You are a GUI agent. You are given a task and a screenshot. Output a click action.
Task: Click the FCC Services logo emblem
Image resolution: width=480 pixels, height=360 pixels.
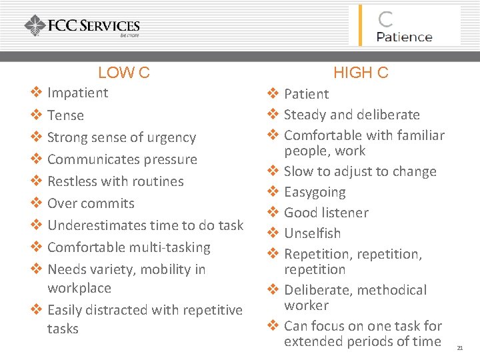click(35, 26)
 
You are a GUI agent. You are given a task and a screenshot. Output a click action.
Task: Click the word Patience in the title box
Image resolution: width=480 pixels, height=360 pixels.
click(404, 36)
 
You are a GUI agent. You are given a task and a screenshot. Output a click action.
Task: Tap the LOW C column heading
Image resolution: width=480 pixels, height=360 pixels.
click(123, 73)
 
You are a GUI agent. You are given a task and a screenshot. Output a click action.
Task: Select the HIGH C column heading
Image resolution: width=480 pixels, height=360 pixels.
click(361, 73)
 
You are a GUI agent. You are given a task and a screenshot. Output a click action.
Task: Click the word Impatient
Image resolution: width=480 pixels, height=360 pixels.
click(77, 93)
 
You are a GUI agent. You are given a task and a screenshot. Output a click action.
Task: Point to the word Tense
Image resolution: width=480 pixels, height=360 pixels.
click(65, 115)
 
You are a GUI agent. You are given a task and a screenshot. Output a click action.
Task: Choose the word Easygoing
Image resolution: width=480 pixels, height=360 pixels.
click(315, 192)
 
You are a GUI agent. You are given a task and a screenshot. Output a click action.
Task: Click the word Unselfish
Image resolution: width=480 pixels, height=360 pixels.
click(312, 233)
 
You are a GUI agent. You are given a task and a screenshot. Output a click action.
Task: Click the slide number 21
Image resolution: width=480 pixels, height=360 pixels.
click(460, 347)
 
